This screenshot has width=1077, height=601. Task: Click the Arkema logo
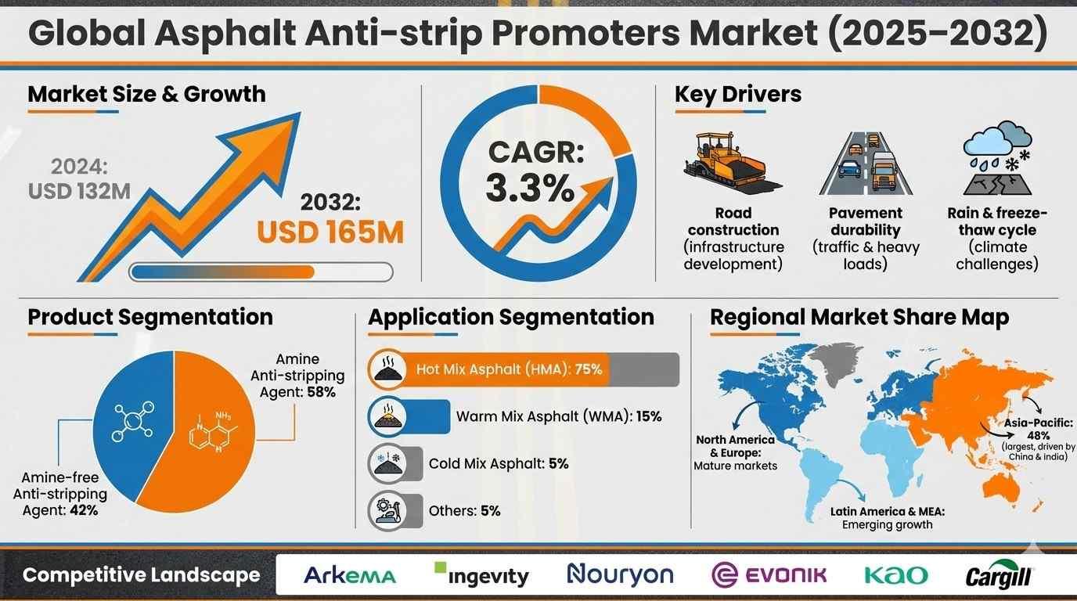350,575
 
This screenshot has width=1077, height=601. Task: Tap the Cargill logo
999,574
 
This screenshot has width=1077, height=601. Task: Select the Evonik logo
769,575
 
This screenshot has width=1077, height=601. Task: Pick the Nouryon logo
620,574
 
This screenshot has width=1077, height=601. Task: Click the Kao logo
896,575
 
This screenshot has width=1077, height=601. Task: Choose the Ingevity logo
481,574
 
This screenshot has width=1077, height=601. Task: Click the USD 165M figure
330,232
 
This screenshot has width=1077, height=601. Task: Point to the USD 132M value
79,192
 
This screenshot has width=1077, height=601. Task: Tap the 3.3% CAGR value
530,188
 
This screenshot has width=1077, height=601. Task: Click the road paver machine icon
733,162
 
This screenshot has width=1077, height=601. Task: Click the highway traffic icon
866,164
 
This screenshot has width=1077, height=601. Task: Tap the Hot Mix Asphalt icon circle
387,369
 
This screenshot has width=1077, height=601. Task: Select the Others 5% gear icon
387,510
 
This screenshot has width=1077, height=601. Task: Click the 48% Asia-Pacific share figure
1038,436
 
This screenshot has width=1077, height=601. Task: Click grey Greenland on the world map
836,363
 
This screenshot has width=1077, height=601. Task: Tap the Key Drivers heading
738,94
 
